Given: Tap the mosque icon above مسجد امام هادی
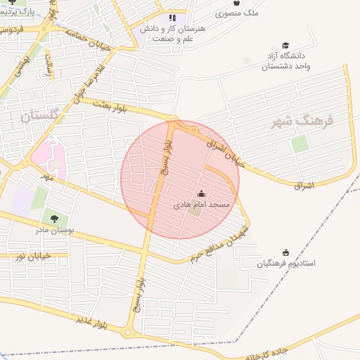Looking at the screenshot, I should [x=201, y=193].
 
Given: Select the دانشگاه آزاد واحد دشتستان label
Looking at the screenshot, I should [x=285, y=62].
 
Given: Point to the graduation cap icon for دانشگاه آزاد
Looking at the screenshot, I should [x=285, y=46].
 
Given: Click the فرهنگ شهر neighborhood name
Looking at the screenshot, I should [x=304, y=122].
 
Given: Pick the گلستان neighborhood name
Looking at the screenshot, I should [x=41, y=117].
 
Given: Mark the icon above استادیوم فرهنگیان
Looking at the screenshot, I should [x=285, y=252].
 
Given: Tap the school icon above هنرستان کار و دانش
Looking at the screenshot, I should [x=173, y=18].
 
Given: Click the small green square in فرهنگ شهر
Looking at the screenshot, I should [x=300, y=143].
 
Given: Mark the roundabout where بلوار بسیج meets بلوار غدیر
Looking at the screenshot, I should [x=128, y=332].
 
